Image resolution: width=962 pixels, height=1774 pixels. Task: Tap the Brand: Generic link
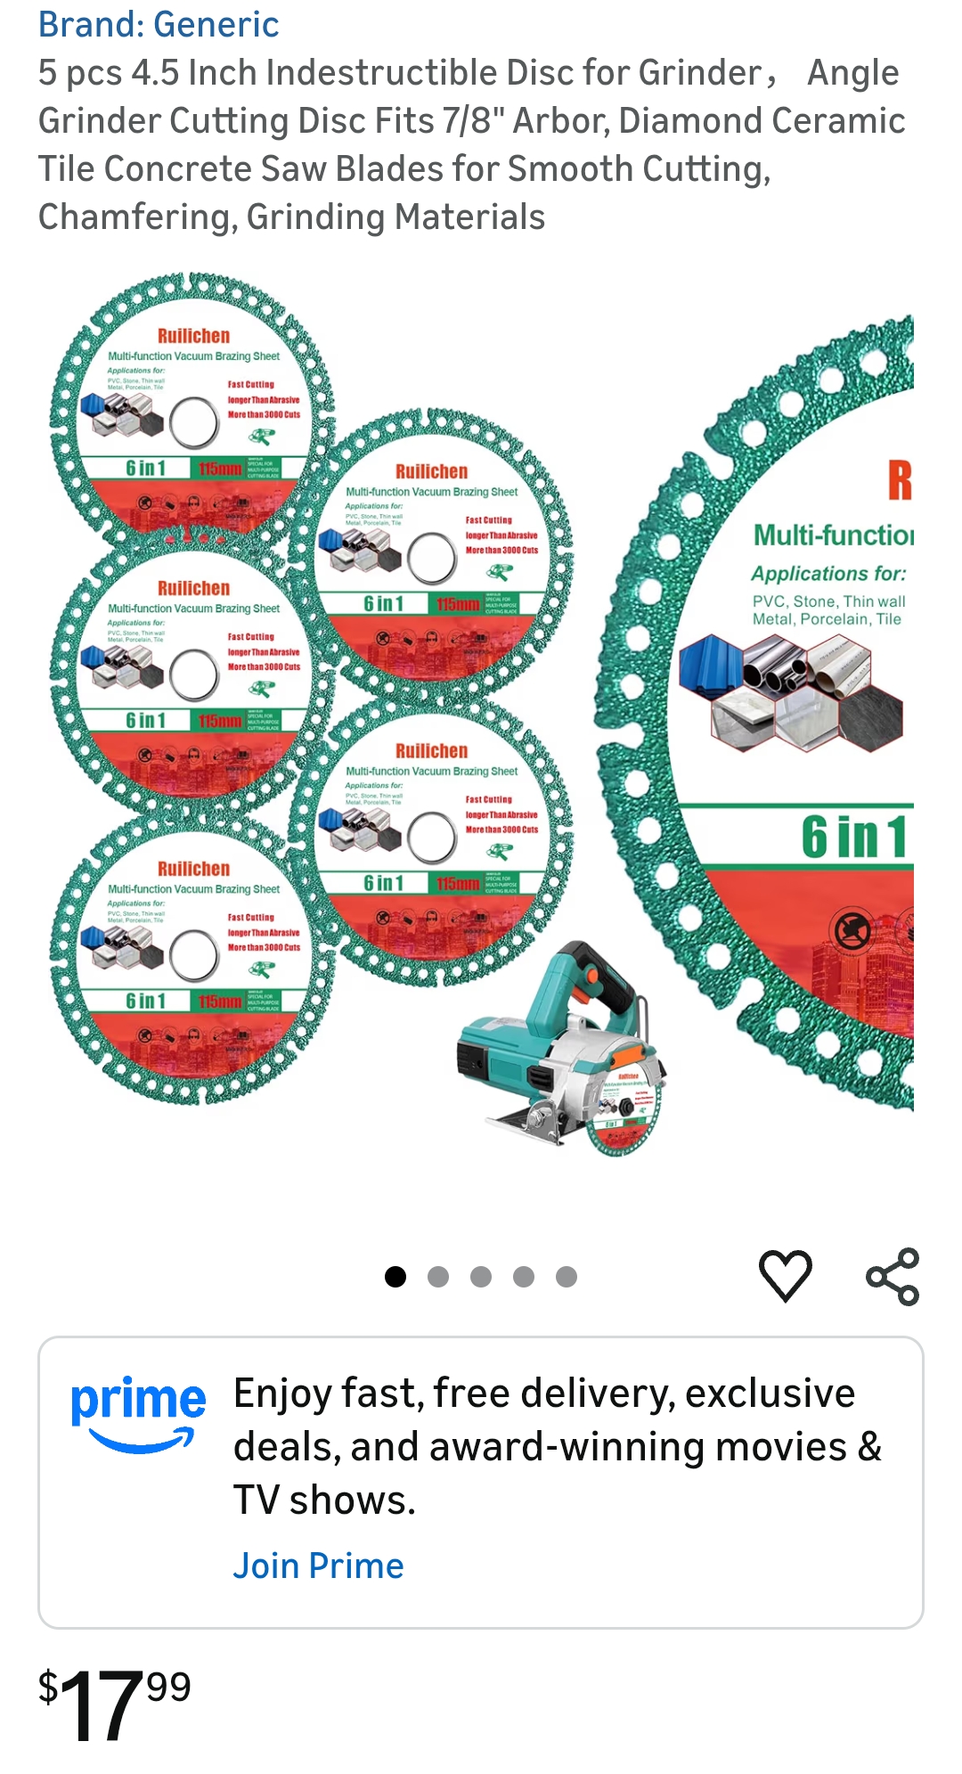pos(159,24)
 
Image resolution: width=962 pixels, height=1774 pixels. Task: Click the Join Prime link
pos(318,1566)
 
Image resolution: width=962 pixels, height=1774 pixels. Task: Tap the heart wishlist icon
pos(785,1275)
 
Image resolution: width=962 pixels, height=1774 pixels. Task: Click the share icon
pos(893,1276)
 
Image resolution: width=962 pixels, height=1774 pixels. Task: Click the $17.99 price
pos(115,1704)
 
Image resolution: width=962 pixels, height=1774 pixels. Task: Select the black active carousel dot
pos(395,1277)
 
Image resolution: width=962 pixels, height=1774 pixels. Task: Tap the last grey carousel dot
pos(567,1277)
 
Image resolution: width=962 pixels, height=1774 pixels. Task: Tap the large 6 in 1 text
pos(853,838)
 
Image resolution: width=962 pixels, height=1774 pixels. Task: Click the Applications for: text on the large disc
pos(828,574)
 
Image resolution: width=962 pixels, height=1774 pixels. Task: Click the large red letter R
pos(900,479)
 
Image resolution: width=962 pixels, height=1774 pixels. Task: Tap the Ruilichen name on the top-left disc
pos(193,336)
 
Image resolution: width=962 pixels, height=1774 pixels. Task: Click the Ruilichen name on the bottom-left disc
pos(193,869)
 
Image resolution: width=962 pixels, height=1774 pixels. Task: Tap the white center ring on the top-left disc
pos(193,422)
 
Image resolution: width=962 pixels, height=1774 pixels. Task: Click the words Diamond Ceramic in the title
pos(762,121)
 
